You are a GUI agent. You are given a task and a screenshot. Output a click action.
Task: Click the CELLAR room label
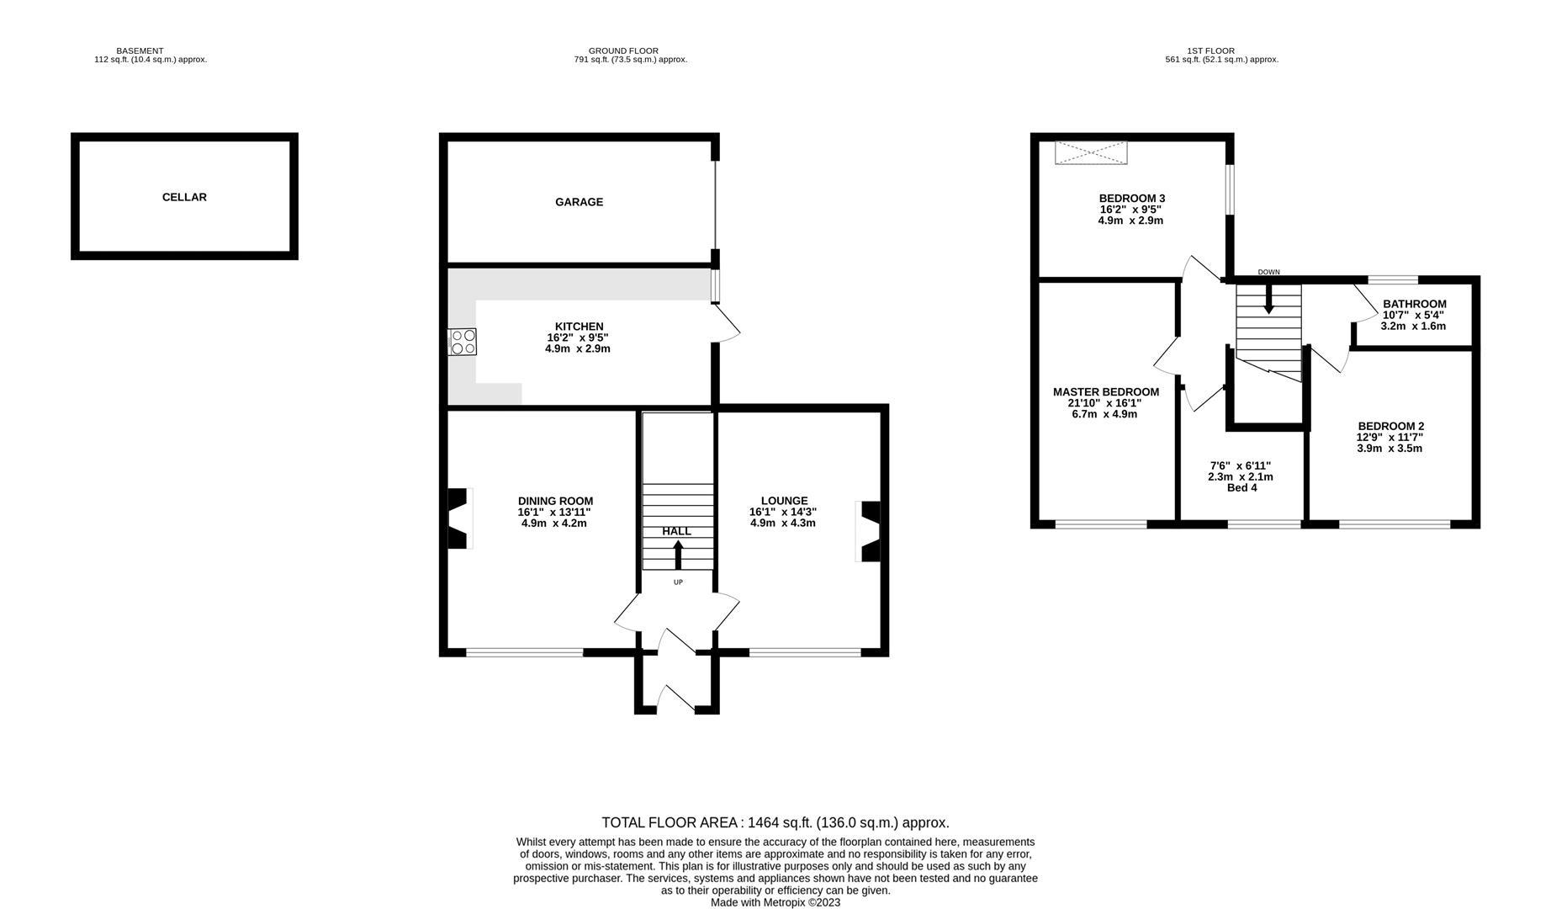pyautogui.click(x=184, y=197)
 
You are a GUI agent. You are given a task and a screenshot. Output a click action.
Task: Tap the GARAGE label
pyautogui.click(x=579, y=202)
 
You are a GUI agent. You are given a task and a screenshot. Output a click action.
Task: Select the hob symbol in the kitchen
pyautogui.click(x=463, y=342)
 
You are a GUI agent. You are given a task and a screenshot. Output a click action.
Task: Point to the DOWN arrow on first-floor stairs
pyautogui.click(x=1268, y=300)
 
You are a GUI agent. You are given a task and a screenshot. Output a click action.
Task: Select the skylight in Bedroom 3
pyautogui.click(x=1091, y=152)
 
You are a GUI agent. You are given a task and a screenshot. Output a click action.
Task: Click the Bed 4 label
pyautogui.click(x=1241, y=488)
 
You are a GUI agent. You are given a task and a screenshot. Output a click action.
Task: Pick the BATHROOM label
pyautogui.click(x=1415, y=305)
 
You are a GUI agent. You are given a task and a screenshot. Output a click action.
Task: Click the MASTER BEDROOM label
pyautogui.click(x=1106, y=392)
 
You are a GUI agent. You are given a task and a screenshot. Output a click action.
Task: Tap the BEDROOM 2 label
pyautogui.click(x=1390, y=427)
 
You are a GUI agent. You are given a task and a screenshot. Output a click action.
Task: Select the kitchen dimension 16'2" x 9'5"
pyautogui.click(x=579, y=338)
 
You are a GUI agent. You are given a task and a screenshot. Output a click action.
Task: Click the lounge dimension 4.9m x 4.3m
pyautogui.click(x=783, y=523)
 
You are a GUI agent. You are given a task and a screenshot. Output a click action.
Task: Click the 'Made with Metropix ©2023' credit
pyautogui.click(x=775, y=902)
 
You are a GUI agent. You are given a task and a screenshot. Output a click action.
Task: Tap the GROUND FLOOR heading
pyautogui.click(x=623, y=51)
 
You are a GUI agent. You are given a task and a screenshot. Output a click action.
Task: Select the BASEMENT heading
pyautogui.click(x=140, y=51)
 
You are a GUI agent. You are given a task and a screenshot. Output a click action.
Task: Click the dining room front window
pyautogui.click(x=525, y=651)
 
